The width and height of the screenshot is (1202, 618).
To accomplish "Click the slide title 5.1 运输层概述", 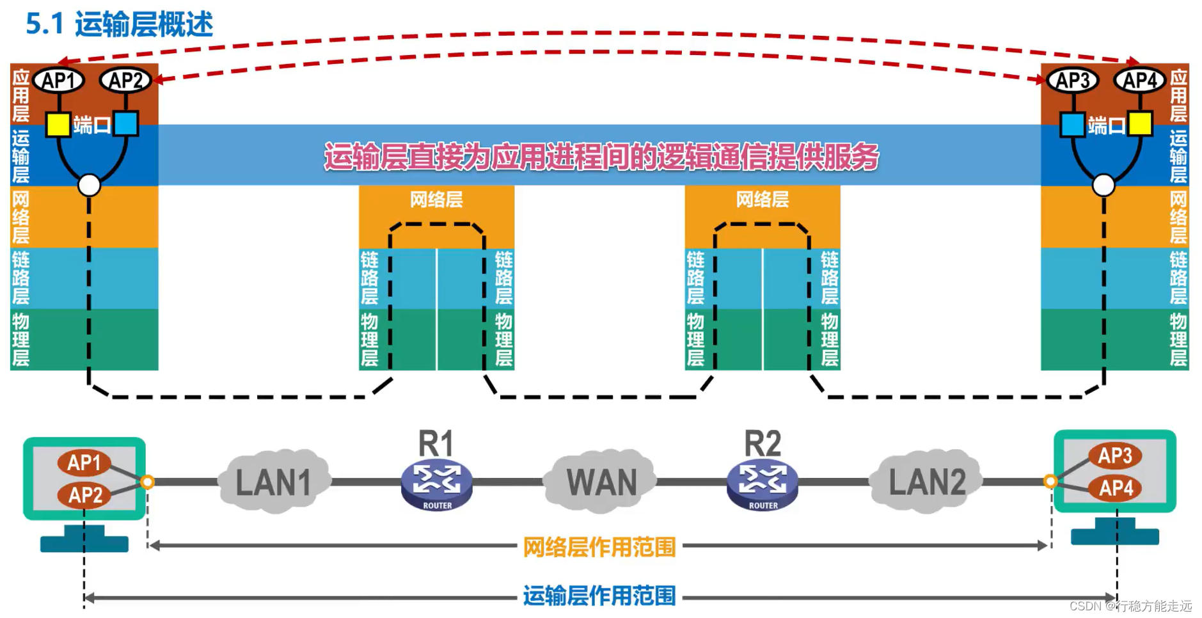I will pyautogui.click(x=119, y=24).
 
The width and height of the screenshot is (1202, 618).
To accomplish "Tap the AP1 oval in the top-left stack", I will pyautogui.click(x=58, y=81).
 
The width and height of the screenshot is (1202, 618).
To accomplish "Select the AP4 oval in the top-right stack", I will pyautogui.click(x=1140, y=81).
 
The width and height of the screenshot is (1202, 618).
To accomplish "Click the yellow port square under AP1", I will pyautogui.click(x=58, y=124).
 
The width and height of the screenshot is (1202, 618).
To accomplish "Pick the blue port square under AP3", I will pyautogui.click(x=1072, y=124).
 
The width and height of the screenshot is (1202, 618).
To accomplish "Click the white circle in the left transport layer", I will pyautogui.click(x=89, y=186).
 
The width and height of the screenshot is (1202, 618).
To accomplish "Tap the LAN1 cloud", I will pyautogui.click(x=274, y=482).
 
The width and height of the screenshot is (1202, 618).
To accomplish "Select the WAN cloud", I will pyautogui.click(x=601, y=482).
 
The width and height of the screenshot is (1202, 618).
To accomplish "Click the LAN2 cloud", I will pyautogui.click(x=926, y=482).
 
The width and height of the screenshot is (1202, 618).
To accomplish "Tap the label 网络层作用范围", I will pyautogui.click(x=599, y=547).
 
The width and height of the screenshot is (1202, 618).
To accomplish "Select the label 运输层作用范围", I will pyautogui.click(x=599, y=596).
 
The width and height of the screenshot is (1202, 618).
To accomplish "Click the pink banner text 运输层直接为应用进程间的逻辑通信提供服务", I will pyautogui.click(x=601, y=157).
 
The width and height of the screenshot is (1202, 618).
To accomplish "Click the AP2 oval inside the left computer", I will pyautogui.click(x=85, y=495).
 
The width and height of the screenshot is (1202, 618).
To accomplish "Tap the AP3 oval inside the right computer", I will pyautogui.click(x=1114, y=456).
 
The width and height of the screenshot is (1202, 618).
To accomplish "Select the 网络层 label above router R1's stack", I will pyautogui.click(x=436, y=200).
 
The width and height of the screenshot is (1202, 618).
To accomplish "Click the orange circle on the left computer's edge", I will pyautogui.click(x=147, y=482).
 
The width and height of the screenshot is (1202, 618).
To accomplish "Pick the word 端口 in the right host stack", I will pyautogui.click(x=1106, y=125).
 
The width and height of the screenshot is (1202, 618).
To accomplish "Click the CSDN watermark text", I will pyautogui.click(x=1130, y=606).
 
